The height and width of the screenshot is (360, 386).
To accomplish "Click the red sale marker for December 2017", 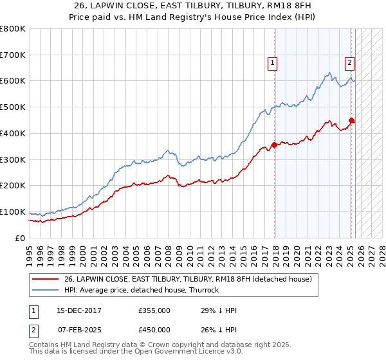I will (x=275, y=145).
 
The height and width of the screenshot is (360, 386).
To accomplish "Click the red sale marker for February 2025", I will (x=351, y=120).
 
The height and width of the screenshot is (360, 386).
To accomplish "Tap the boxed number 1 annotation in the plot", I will (x=273, y=63).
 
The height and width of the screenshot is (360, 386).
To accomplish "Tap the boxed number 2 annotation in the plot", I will (x=349, y=63).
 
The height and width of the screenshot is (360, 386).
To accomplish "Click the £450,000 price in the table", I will (x=154, y=330).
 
